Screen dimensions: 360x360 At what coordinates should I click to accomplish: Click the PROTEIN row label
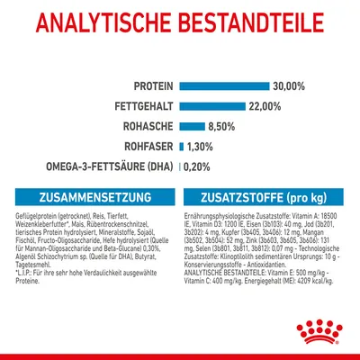click(x=154, y=85)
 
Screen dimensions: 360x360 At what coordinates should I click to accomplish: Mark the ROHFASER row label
click(x=148, y=146)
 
